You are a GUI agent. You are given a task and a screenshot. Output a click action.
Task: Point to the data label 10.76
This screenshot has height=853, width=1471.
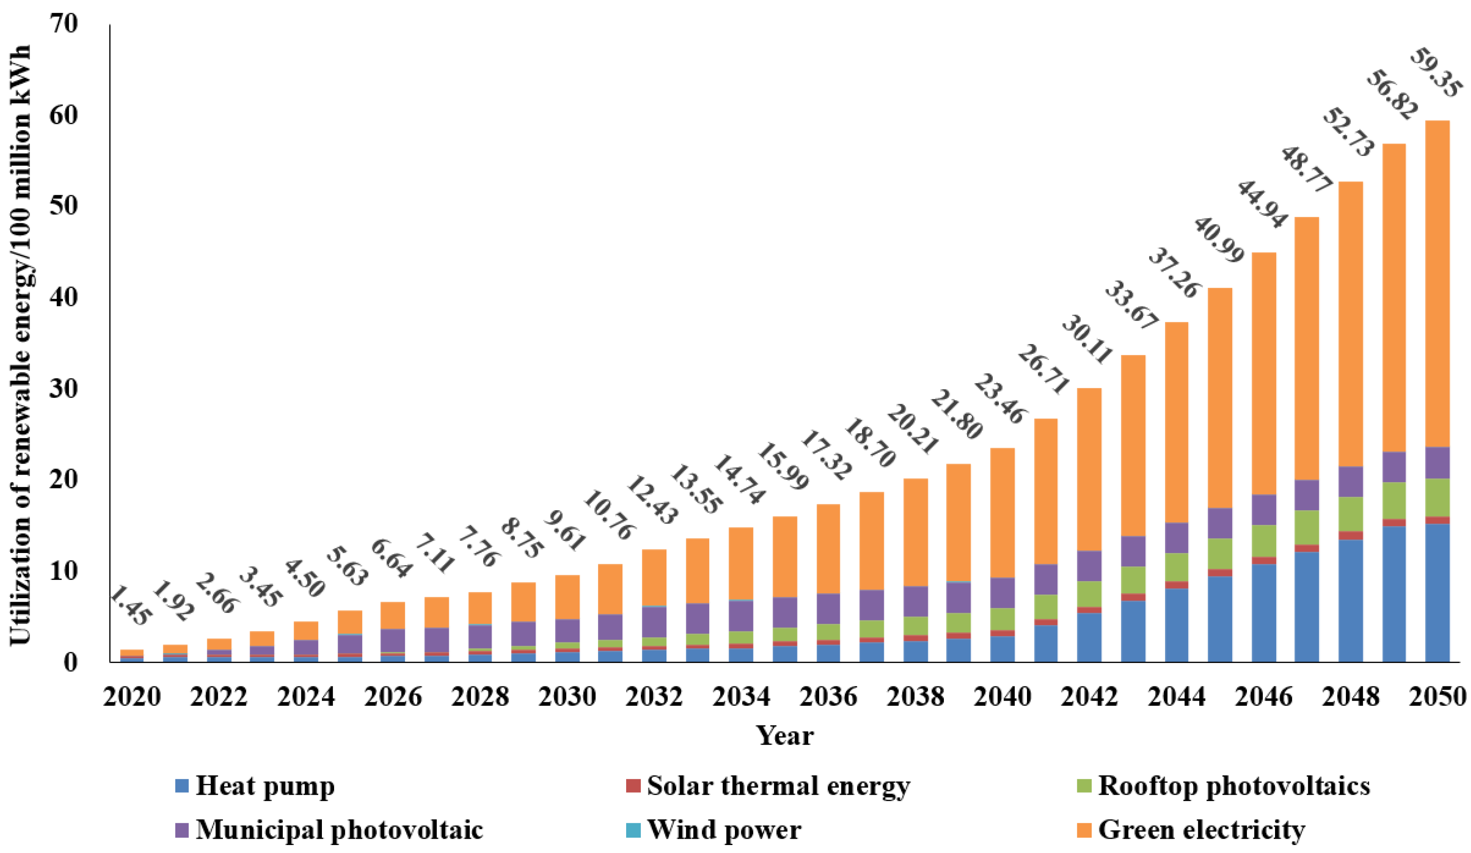click(608, 516)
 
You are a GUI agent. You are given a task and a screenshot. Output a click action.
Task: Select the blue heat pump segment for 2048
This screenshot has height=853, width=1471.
click(1350, 601)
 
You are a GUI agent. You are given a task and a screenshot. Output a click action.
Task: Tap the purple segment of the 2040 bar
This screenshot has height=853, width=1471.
click(1002, 593)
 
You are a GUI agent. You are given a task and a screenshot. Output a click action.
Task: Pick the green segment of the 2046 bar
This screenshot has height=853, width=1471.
click(1264, 540)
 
